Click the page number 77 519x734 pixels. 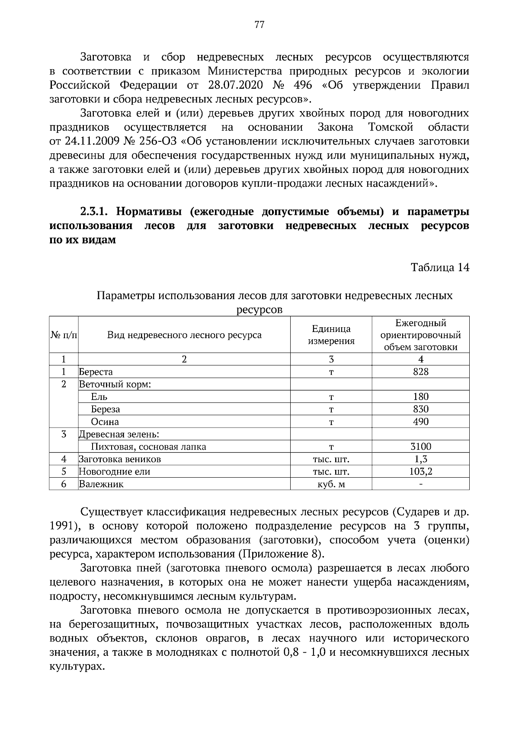coord(259,24)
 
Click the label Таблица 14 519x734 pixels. coord(440,268)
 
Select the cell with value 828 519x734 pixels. coord(420,372)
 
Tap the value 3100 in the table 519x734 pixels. coord(420,447)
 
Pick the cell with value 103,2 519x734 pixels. coord(420,472)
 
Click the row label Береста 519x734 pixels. coord(96,372)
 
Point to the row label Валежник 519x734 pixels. coord(101,484)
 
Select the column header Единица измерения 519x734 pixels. coord(331,335)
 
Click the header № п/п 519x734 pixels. coord(64,335)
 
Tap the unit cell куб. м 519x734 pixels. coord(331,484)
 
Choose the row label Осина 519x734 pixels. coord(105,421)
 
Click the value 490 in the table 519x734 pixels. coord(420,421)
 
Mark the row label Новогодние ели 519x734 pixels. coord(115,472)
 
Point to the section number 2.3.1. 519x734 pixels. coord(96,212)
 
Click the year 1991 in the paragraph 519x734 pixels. coord(64,526)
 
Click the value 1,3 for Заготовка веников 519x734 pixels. coord(420,459)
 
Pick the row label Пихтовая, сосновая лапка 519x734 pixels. coord(148,447)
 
